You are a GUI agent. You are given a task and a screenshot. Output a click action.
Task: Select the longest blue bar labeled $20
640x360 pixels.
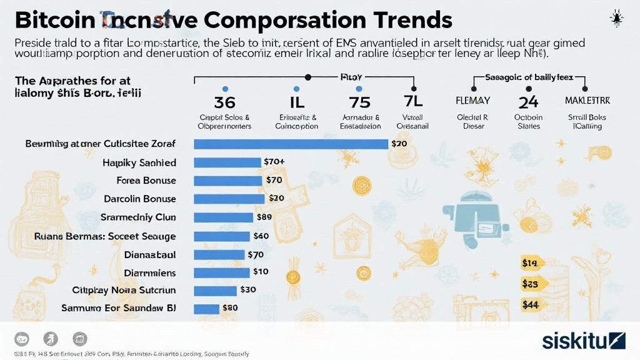click(291, 144)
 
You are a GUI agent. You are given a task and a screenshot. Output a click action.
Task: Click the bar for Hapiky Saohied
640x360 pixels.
click(227, 162)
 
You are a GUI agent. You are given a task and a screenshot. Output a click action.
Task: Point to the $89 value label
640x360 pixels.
click(264, 217)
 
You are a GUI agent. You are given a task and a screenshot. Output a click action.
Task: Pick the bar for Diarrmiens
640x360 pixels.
click(222, 272)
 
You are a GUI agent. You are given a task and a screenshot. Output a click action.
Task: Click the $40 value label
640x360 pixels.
click(261, 236)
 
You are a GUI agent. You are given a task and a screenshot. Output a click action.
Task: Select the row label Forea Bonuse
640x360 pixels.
click(146, 181)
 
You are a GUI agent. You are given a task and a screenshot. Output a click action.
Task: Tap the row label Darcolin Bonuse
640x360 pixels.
click(139, 199)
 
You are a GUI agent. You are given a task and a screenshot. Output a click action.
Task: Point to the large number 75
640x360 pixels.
click(359, 102)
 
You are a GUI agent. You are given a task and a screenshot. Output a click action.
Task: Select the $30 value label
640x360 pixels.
click(248, 290)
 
